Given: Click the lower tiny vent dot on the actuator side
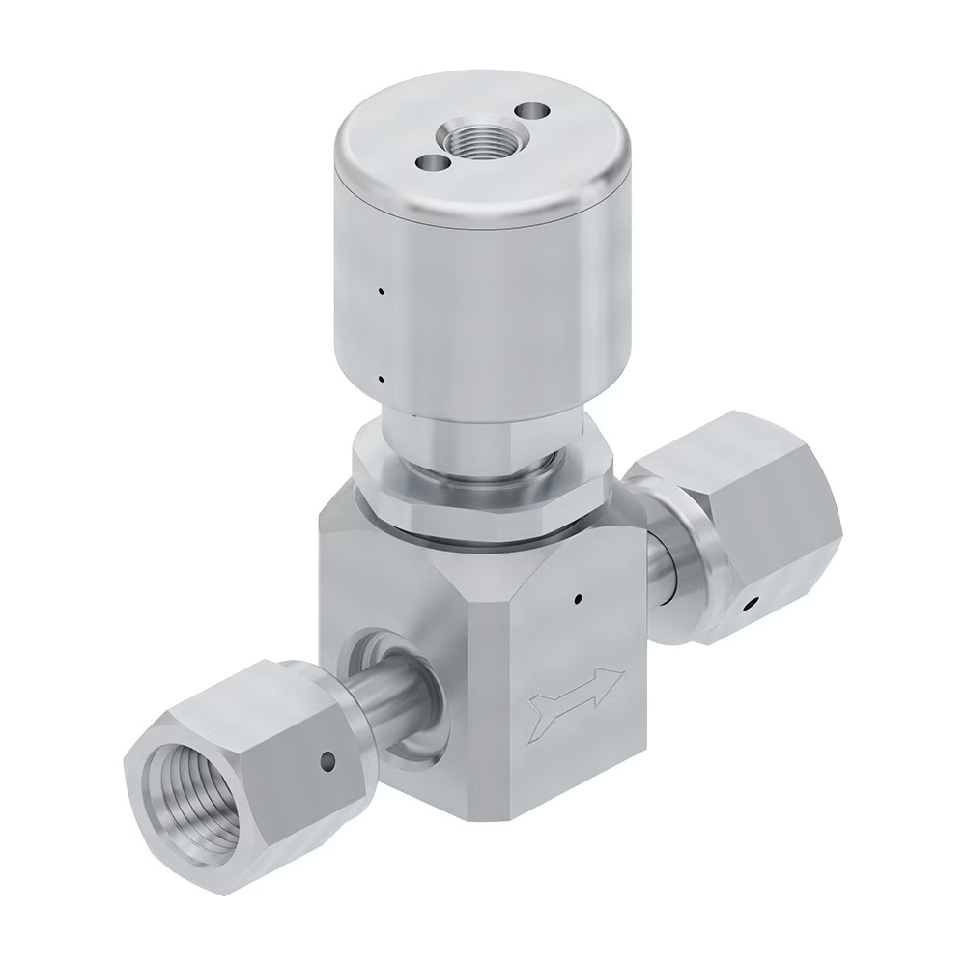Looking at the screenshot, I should tap(382, 380).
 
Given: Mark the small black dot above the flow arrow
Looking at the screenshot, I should tap(577, 599).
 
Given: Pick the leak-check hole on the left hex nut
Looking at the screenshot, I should tap(328, 763).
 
